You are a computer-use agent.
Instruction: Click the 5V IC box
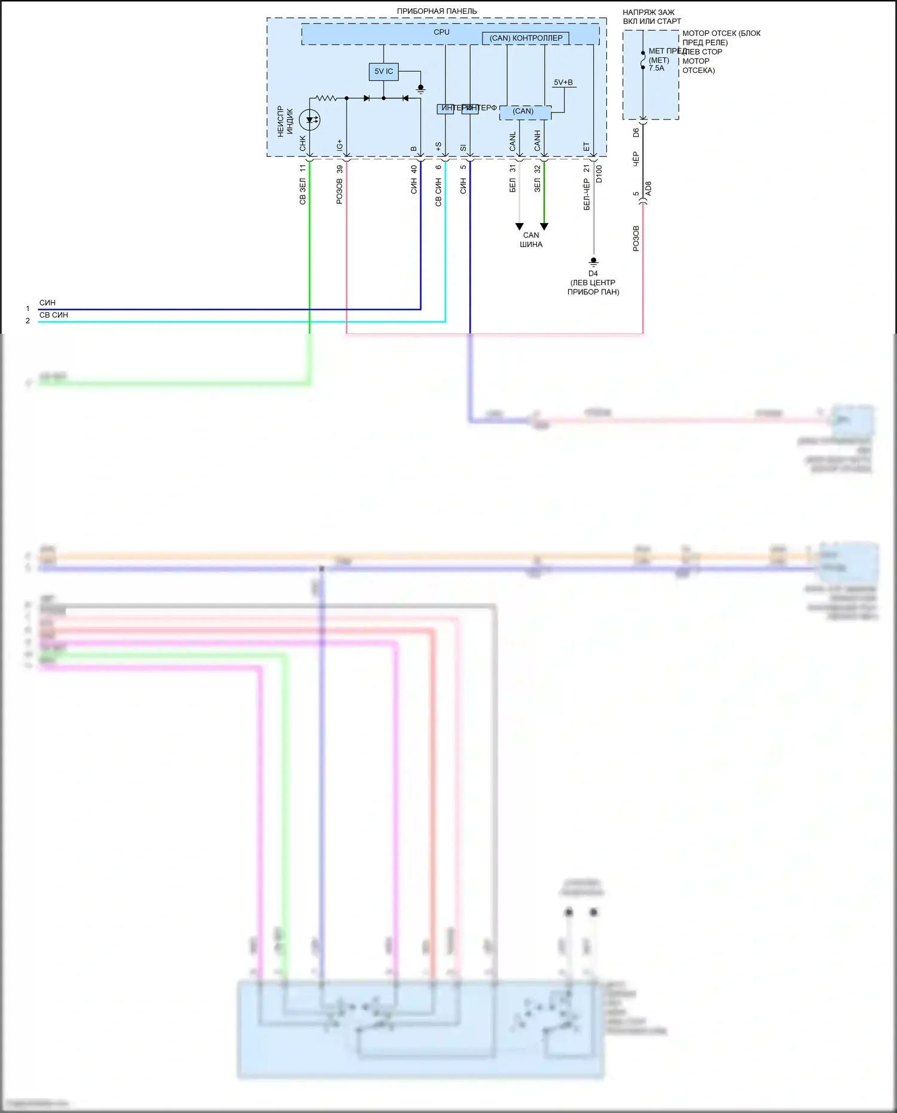point(383,72)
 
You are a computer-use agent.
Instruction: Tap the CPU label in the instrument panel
point(441,32)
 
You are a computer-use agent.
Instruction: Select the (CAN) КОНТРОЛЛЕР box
point(526,38)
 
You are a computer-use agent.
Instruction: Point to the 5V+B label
point(563,83)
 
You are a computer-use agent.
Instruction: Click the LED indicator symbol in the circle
point(309,120)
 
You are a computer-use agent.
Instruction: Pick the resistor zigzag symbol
point(326,98)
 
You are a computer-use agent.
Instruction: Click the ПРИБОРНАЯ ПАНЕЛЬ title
point(437,11)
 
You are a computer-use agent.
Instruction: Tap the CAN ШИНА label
point(531,240)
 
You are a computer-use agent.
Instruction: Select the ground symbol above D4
point(593,261)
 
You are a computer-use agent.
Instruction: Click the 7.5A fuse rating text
point(657,68)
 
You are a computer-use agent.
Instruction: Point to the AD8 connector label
point(649,189)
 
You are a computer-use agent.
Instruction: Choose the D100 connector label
point(599,174)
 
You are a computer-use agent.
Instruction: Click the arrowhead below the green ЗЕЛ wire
point(544,227)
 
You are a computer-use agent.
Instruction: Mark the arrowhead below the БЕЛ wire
point(519,227)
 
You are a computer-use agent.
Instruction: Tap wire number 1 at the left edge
point(28,309)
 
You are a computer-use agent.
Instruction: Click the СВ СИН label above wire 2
point(54,315)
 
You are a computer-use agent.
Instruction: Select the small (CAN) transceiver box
point(523,111)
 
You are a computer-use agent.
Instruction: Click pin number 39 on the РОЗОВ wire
point(340,169)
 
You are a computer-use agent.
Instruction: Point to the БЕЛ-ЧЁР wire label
point(587,194)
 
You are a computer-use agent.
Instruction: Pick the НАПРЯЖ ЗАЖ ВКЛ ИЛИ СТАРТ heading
point(651,17)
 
